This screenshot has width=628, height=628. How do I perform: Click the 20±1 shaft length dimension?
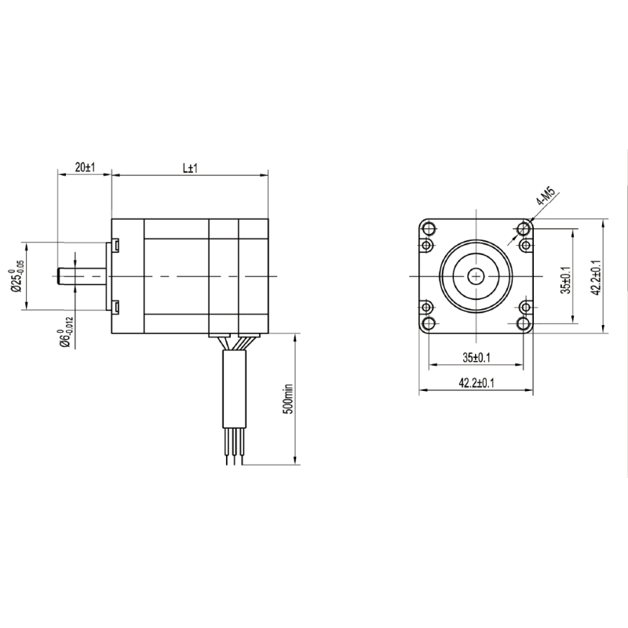(x=85, y=167)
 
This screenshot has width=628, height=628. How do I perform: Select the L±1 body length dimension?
(x=190, y=168)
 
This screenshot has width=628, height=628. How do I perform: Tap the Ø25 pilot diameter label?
(x=16, y=276)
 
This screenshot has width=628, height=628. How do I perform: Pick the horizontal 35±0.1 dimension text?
(x=476, y=358)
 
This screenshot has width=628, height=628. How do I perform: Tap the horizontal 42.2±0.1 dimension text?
(x=476, y=383)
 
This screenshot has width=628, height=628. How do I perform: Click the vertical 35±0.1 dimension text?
(x=565, y=280)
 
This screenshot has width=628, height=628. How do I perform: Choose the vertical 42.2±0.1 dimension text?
(x=597, y=277)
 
